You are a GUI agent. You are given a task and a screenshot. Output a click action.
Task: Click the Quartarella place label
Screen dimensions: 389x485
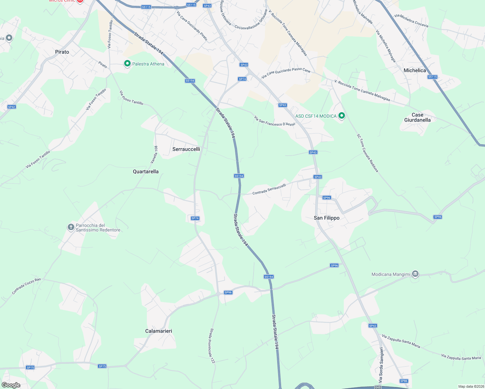(146, 171)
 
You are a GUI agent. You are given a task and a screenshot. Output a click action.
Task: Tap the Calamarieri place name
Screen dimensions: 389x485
(159, 331)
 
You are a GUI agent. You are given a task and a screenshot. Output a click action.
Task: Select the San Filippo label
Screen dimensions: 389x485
(326, 218)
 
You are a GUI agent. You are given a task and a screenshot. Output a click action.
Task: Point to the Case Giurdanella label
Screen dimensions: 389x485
(417, 117)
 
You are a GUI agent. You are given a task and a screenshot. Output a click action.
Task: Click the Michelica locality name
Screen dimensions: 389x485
(415, 70)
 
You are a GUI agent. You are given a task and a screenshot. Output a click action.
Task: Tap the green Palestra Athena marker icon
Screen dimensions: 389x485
(127, 64)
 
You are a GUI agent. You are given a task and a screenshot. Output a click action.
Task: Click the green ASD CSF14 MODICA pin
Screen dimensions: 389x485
(341, 116)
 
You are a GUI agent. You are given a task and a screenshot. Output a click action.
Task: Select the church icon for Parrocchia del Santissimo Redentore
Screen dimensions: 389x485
(71, 227)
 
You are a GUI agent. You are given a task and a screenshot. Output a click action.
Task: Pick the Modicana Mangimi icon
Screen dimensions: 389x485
(415, 274)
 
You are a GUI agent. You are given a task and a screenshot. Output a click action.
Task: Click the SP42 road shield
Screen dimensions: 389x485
(12, 107)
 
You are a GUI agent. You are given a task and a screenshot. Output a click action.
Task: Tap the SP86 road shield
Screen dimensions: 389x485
(404, 381)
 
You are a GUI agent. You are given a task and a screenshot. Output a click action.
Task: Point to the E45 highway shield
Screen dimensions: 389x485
(378, 387)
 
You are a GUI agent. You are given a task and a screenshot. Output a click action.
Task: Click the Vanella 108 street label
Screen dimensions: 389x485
(154, 155)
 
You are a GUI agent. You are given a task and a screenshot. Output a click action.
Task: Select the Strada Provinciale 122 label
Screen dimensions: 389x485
(212, 346)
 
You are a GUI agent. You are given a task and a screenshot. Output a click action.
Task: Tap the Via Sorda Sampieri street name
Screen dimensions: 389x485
(381, 365)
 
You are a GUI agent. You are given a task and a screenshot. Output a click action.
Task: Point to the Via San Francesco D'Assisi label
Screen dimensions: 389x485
(274, 121)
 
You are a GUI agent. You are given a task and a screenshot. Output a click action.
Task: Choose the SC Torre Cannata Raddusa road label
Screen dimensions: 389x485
(367, 153)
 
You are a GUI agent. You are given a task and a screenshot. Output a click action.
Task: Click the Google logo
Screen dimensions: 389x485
(11, 385)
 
